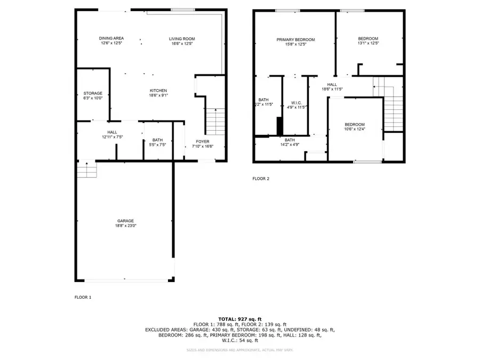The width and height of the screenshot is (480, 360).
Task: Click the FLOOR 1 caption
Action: click(83, 297)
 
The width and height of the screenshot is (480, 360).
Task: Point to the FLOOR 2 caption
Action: click(261, 179)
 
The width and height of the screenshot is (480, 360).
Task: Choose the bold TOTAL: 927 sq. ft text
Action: click(240, 318)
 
